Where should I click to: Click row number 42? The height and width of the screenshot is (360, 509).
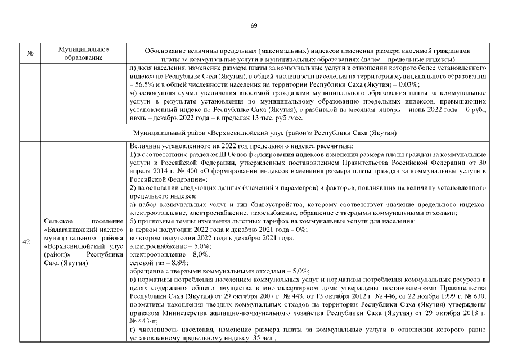[x=27, y=242]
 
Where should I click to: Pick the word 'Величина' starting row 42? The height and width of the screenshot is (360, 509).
[x=143, y=146]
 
